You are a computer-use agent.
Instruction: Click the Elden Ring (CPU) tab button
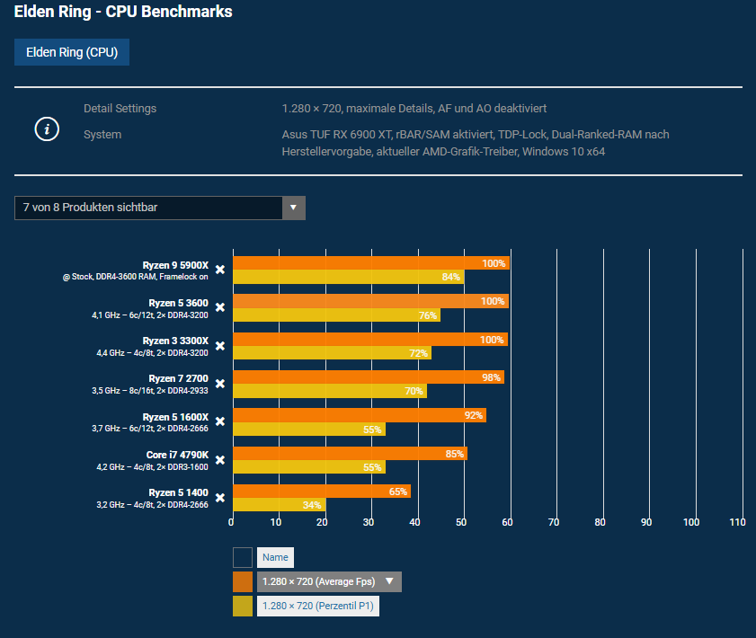point(72,52)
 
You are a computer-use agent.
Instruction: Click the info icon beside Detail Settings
point(47,129)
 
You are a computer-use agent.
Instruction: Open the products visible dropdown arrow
point(293,208)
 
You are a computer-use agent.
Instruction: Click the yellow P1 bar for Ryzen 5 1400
point(279,505)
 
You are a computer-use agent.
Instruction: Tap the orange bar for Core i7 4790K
point(350,454)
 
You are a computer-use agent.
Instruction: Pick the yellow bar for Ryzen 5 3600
point(336,315)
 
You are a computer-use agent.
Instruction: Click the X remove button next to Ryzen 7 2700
point(219,384)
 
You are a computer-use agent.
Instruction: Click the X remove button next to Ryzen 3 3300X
point(219,346)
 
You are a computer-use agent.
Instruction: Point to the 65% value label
point(398,492)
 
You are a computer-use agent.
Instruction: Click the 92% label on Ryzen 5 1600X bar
point(473,415)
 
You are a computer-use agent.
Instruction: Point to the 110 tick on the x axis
point(737,522)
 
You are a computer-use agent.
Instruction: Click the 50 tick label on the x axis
point(461,522)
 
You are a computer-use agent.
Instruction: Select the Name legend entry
point(275,557)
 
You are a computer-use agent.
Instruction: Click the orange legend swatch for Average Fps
point(243,581)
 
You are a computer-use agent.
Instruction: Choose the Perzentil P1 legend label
point(318,606)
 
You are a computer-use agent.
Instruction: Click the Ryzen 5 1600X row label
point(175,417)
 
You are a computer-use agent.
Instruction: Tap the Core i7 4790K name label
point(177,455)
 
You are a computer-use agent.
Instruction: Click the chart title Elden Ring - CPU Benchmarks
point(123,13)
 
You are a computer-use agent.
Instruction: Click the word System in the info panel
point(102,135)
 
